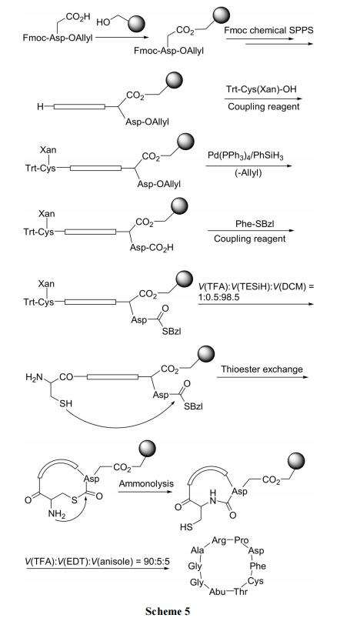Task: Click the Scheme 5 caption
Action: [x=168, y=612]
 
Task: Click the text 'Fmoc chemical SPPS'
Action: [x=268, y=31]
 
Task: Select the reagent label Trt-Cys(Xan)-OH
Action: [x=262, y=89]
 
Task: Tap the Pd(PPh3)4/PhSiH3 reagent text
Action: [x=245, y=155]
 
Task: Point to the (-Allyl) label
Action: [x=248, y=173]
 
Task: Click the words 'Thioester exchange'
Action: [x=262, y=369]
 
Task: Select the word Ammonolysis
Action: [x=146, y=484]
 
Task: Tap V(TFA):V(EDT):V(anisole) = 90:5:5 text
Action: [x=98, y=562]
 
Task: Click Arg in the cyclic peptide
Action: [x=218, y=540]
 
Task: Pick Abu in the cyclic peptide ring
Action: [x=217, y=592]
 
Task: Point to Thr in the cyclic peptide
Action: [x=240, y=592]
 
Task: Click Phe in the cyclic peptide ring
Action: [x=258, y=566]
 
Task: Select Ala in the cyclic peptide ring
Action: [x=198, y=551]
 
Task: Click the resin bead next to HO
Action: [x=139, y=23]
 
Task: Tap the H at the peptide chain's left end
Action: [x=40, y=106]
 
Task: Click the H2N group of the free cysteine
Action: [x=34, y=377]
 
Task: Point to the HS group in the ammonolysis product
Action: [x=186, y=527]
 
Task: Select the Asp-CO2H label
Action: [x=152, y=248]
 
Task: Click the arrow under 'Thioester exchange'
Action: [x=265, y=377]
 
